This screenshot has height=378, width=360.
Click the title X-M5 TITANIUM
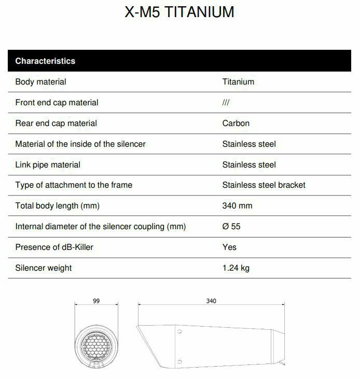click(179, 12)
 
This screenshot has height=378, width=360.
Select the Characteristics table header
click(45, 61)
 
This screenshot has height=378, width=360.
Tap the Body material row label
click(40, 81)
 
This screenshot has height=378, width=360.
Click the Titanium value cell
click(238, 81)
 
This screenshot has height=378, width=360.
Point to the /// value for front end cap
click(226, 102)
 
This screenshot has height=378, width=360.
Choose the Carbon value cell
click(236, 123)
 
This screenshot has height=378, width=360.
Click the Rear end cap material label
click(56, 123)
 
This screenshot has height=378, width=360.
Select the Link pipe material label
click(48, 164)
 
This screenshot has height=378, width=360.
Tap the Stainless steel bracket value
click(264, 185)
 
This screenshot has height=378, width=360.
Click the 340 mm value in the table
click(237, 205)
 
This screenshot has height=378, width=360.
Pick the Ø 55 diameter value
click(231, 226)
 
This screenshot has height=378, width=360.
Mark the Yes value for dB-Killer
click(229, 247)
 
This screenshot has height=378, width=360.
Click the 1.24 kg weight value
click(236, 268)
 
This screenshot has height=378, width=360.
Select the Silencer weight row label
click(44, 268)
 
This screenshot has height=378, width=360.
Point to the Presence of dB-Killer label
click(54, 247)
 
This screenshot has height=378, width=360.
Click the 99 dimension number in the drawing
click(96, 301)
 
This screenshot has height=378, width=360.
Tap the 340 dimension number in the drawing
click(211, 301)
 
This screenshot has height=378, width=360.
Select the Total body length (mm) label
click(57, 205)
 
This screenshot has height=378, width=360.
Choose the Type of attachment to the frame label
click(74, 185)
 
